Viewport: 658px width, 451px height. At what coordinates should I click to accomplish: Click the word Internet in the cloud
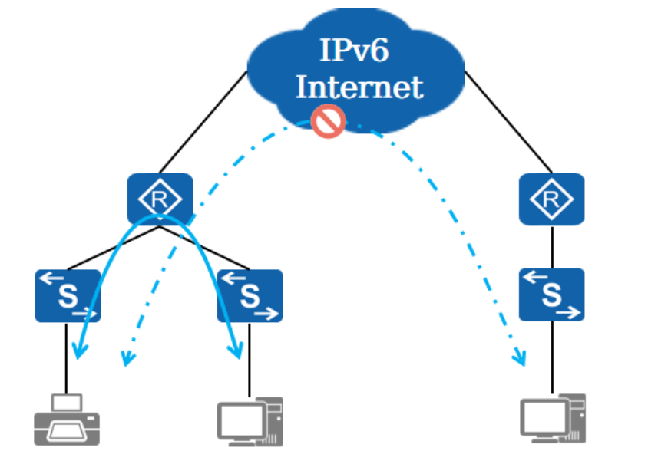(x=359, y=87)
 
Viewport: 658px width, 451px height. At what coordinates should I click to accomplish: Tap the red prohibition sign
(x=329, y=121)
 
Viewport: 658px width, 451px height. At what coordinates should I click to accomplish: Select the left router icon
(x=160, y=199)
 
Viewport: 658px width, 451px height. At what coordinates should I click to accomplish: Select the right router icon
(x=551, y=199)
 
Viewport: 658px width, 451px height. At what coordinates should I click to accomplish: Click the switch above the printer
(x=68, y=295)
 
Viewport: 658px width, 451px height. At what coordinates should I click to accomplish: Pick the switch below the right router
(x=551, y=295)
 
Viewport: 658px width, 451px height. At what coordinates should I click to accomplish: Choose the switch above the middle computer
(x=250, y=295)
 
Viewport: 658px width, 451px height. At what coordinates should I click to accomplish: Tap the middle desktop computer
(x=250, y=421)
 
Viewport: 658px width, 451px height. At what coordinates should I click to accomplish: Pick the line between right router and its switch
(x=552, y=246)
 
